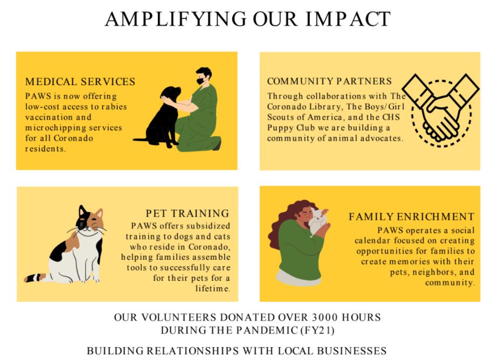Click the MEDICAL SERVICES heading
(x=80, y=81)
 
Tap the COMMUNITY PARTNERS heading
(x=329, y=81)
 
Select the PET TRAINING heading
(x=188, y=213)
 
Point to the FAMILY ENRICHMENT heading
(x=411, y=217)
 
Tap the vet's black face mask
(x=200, y=81)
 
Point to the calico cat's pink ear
(x=99, y=213)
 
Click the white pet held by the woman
(x=318, y=220)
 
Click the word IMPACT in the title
(x=348, y=19)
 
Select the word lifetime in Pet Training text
(x=213, y=288)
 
